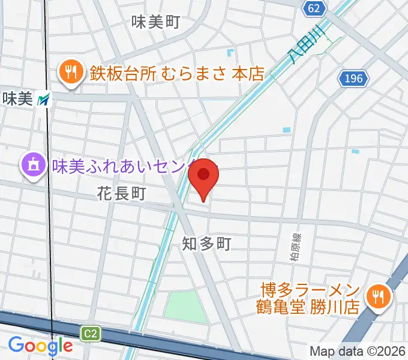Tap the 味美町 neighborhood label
coord(156,23)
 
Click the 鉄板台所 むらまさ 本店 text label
coord(177,73)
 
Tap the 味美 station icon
coord(44,100)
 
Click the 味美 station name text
coord(17,99)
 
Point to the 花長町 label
coord(121,193)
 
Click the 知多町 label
coord(207,243)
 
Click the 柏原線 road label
coord(294,247)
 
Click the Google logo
coord(40,346)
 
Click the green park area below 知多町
coord(186,307)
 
